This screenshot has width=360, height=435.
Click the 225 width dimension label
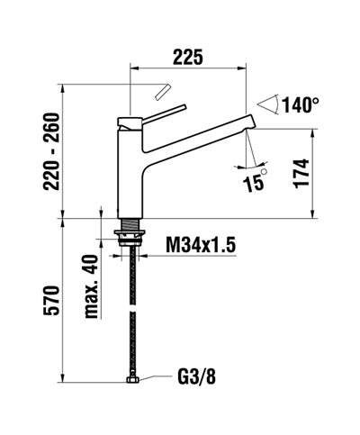coord(186,56)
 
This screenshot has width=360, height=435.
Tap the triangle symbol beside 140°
coord(267,104)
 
